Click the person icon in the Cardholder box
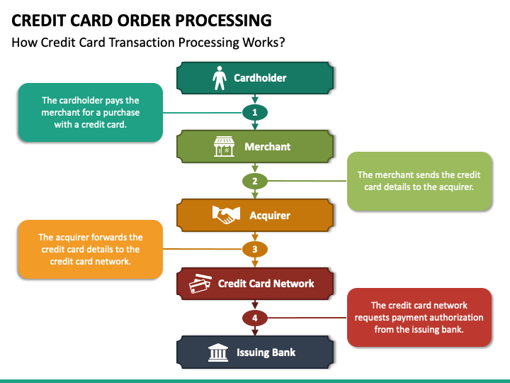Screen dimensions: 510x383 219,78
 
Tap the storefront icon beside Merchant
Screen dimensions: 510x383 224,147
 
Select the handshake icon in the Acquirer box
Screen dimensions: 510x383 226,215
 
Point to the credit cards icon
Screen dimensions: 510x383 200,283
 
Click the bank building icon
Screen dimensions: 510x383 218,353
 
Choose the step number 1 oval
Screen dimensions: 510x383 255,112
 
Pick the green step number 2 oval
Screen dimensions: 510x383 255,181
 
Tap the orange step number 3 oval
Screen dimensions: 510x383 255,250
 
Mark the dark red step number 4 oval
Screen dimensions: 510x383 255,318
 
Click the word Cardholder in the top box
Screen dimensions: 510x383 260,78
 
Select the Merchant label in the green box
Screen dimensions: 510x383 267,147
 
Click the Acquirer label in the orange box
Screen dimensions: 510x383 270,216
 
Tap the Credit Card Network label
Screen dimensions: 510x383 266,284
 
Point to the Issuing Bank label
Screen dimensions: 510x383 266,353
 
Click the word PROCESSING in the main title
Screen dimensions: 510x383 223,20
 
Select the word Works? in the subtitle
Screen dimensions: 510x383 263,43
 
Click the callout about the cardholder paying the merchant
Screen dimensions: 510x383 91,112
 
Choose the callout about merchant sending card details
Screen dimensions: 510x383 419,181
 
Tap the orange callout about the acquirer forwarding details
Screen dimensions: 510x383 91,250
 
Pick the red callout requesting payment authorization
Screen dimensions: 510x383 419,318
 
